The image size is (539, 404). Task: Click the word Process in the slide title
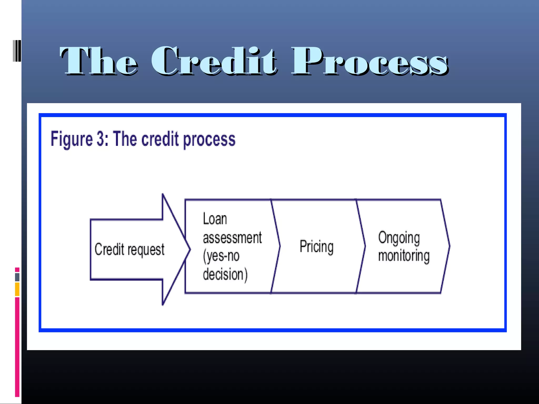click(370, 61)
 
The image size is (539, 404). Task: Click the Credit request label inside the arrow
click(129, 249)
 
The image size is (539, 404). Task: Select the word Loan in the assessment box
click(215, 219)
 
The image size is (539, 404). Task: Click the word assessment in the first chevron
click(232, 238)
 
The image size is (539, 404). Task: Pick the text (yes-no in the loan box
click(221, 256)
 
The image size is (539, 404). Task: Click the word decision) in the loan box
click(225, 274)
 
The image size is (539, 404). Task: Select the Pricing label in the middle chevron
click(317, 246)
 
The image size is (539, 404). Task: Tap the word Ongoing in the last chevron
click(399, 238)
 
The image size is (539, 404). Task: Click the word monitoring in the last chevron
click(404, 256)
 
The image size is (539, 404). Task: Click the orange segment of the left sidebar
click(17, 289)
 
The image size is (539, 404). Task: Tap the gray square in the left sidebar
click(17, 277)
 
